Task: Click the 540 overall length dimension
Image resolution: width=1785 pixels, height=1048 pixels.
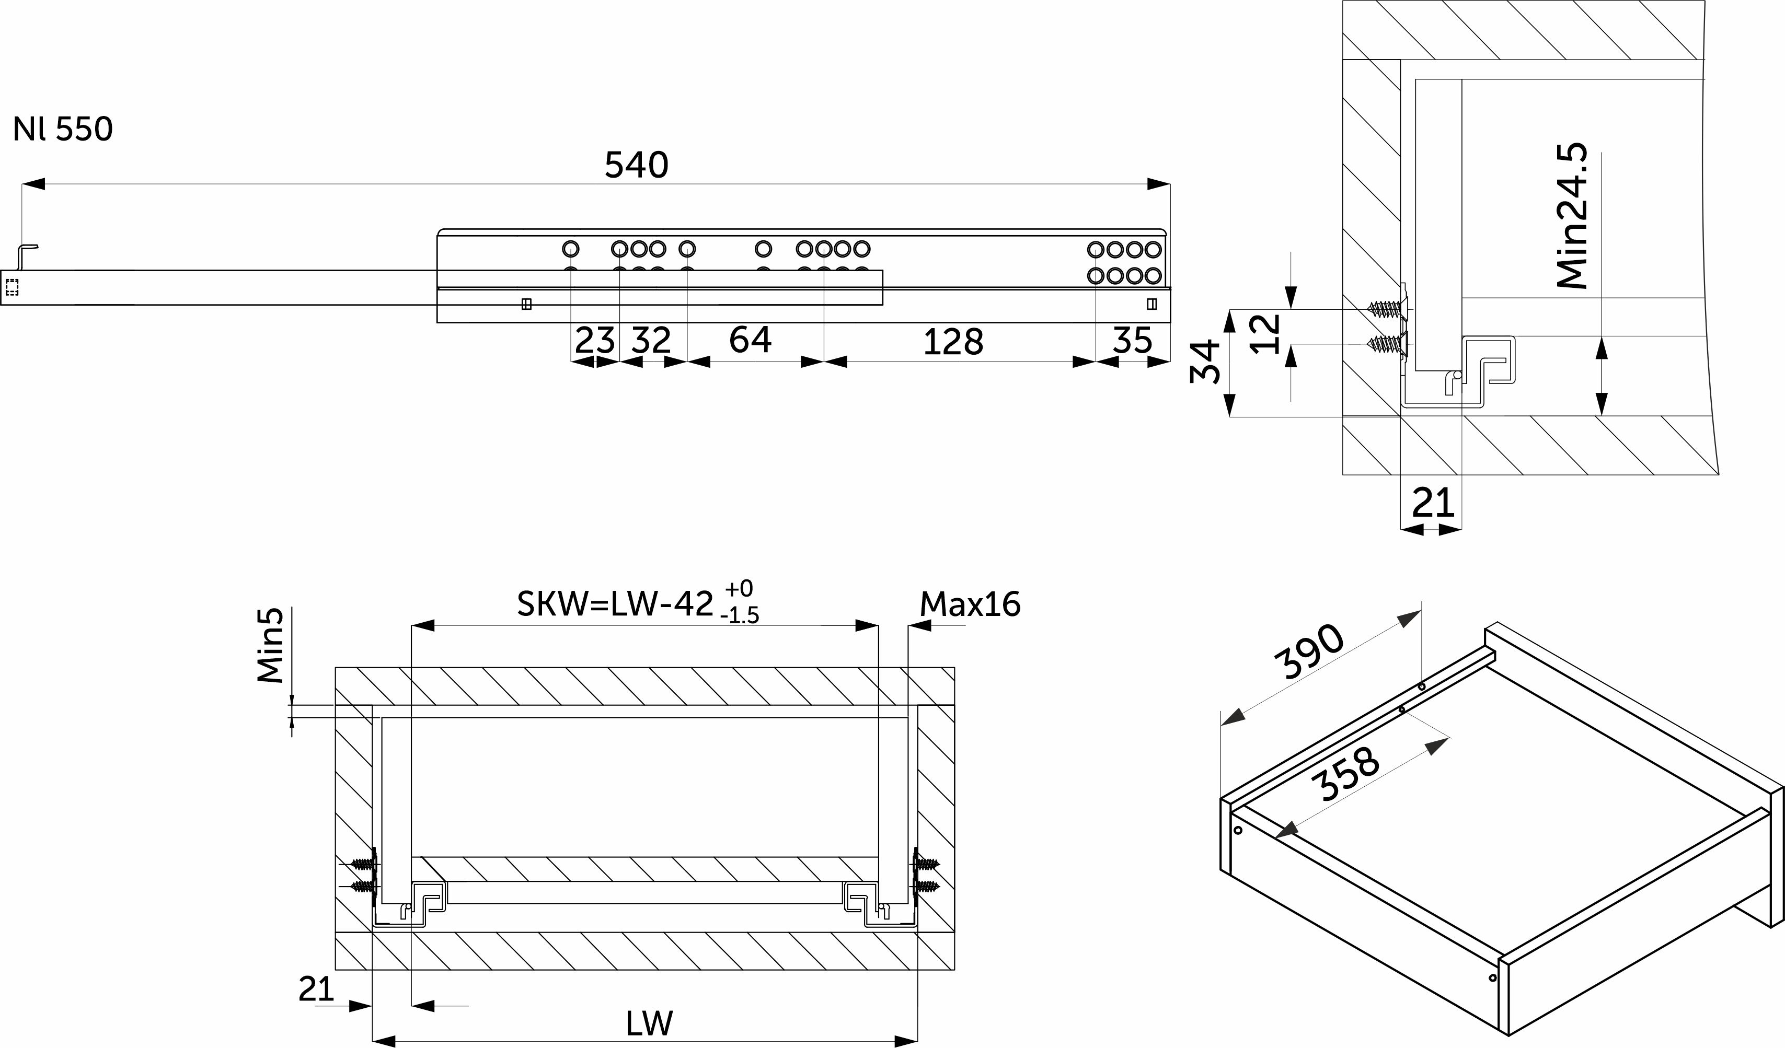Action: (636, 165)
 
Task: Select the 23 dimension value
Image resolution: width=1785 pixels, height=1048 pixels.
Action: (594, 341)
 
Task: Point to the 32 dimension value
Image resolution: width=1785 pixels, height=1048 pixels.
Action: (651, 341)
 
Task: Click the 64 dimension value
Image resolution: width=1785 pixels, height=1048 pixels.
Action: (750, 340)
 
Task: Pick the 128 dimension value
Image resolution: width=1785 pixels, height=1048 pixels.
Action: (953, 343)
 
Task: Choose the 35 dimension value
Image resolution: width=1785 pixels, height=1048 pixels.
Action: (1132, 341)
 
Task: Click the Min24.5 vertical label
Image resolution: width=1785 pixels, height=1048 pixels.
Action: (1572, 217)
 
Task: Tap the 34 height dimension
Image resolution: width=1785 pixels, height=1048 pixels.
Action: (1205, 361)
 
